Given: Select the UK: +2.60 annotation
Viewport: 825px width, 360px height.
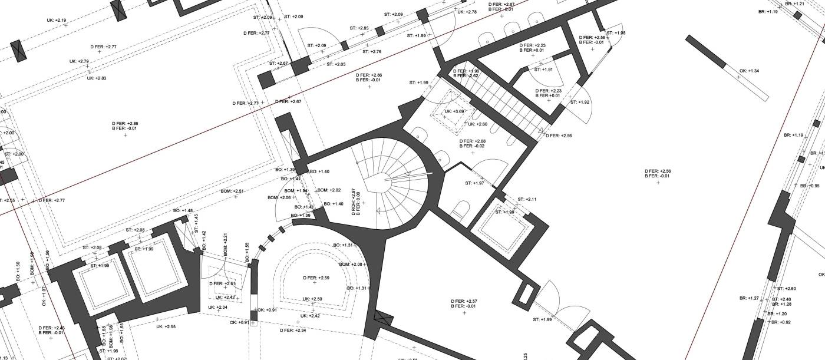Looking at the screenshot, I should coord(477,124).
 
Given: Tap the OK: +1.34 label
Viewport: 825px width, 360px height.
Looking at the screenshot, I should coord(749,71).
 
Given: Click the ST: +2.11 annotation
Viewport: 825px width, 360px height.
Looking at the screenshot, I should coord(527,199).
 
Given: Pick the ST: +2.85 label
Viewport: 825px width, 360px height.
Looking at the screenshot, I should coord(359,28).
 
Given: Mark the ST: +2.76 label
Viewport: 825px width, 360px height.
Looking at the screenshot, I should coord(372,52).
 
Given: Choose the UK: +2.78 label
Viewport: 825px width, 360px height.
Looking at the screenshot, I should coord(467,12).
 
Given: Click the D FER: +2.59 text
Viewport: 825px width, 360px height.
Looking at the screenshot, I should coord(316,278).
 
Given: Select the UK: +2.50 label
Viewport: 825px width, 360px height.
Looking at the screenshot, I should coord(312,299).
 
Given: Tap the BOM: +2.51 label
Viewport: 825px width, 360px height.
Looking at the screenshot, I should coord(232,191).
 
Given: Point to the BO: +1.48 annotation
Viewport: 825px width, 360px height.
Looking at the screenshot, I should coord(183,211).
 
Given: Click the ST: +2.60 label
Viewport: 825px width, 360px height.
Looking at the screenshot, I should coord(786,289).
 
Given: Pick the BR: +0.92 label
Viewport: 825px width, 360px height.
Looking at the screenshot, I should coord(781,322).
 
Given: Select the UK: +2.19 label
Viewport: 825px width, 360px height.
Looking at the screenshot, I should coord(57,21).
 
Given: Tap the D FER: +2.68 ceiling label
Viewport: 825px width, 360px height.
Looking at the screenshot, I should coord(472,141).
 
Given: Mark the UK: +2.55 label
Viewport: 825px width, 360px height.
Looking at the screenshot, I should coord(166,326).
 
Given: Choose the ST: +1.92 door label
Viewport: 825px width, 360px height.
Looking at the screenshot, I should coord(580,102).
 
